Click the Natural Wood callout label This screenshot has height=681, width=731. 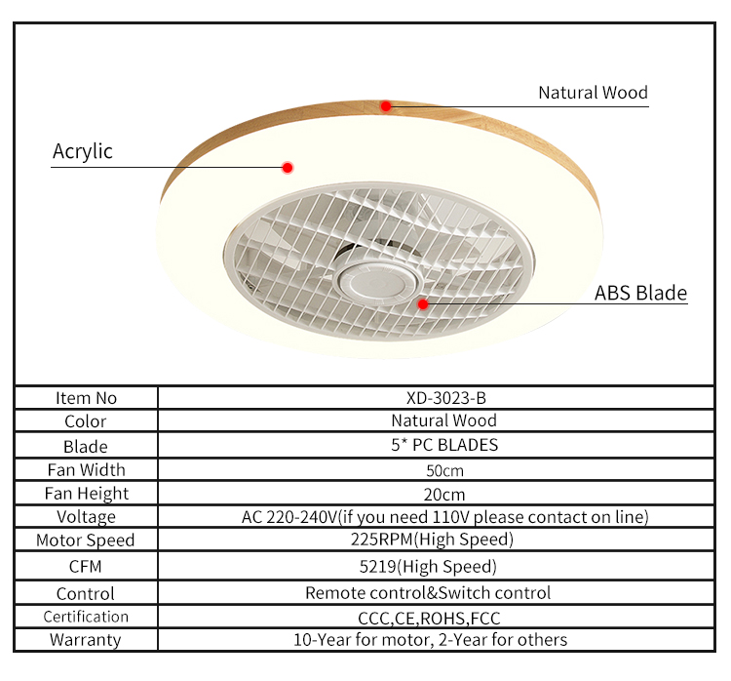[x=593, y=93]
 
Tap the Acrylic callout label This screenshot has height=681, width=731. [x=83, y=151]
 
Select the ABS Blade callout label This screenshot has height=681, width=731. [x=640, y=293]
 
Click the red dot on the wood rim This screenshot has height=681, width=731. [x=386, y=105]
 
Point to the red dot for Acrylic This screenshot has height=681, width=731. [x=288, y=168]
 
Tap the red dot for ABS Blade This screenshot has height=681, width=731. [x=423, y=303]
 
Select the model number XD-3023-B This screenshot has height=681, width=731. [x=443, y=397]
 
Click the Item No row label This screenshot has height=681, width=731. [x=86, y=397]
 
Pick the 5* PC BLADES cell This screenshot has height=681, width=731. [x=443, y=445]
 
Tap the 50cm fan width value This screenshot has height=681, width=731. [x=443, y=469]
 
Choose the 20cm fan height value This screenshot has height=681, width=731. [x=443, y=493]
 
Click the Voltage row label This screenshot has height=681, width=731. [x=86, y=516]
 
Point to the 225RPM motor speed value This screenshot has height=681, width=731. [x=432, y=539]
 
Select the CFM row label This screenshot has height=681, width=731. [x=86, y=566]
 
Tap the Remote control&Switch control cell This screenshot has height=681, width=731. [x=428, y=592]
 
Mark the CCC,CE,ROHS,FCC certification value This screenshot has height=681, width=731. [x=430, y=618]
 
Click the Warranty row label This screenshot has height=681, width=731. [x=86, y=640]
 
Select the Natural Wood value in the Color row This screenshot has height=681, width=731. [x=443, y=421]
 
